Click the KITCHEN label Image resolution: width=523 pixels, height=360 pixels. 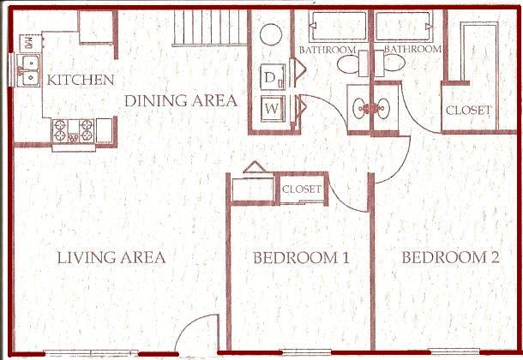pyautogui.click(x=81, y=80)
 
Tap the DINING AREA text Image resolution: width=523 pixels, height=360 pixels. pyautogui.click(x=181, y=100)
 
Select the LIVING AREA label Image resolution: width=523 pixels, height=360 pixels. pyautogui.click(x=111, y=258)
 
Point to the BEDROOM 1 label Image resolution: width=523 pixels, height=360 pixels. pyautogui.click(x=301, y=258)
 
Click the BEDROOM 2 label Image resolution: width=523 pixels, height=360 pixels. pyautogui.click(x=450, y=257)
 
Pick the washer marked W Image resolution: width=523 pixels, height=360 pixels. pyautogui.click(x=273, y=109)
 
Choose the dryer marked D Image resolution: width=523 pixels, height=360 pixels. pyautogui.click(x=273, y=77)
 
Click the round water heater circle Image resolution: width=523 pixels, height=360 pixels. pyautogui.click(x=271, y=34)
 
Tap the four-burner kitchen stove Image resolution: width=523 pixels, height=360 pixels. pyautogui.click(x=74, y=131)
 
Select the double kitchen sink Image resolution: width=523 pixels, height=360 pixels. pyautogui.click(x=29, y=70)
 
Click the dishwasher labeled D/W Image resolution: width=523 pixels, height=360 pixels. pyautogui.click(x=31, y=43)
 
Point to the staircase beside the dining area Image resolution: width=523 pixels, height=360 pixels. pyautogui.click(x=210, y=27)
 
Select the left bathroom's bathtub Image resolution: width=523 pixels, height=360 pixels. pyautogui.click(x=338, y=26)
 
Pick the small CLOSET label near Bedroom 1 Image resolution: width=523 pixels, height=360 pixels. pyautogui.click(x=302, y=189)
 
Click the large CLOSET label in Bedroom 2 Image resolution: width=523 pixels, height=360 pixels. pyautogui.click(x=469, y=111)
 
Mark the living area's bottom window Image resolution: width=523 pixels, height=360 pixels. pyautogui.click(x=91, y=352)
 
